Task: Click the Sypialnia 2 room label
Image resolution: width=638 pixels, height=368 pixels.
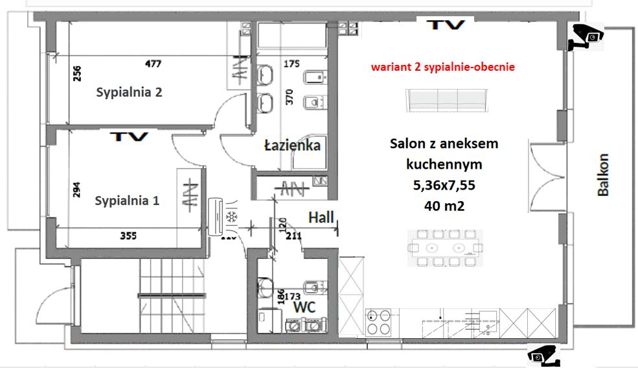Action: (129, 92)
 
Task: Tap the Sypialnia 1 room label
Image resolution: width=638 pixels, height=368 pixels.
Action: (127, 201)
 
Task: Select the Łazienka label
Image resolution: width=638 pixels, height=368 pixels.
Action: (292, 145)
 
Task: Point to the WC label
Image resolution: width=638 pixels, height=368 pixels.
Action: (304, 307)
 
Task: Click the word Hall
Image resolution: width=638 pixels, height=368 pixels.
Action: (321, 217)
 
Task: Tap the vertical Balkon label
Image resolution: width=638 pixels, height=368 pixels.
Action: (603, 174)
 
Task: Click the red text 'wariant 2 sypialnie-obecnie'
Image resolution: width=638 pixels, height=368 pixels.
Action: (442, 67)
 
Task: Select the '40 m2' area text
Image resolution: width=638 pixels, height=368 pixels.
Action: (444, 206)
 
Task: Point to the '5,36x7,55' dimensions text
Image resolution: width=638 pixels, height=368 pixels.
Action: (444, 185)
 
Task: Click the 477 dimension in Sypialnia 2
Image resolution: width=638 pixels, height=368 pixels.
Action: (154, 64)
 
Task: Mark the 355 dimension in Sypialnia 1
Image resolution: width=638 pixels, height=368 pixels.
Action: (128, 236)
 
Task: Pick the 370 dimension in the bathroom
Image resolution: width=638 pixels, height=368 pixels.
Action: (290, 97)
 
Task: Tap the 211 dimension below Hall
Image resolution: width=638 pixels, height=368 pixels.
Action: (294, 236)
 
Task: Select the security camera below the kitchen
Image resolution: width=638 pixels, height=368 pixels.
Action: (542, 355)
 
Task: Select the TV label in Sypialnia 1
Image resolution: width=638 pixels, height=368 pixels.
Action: (129, 137)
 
